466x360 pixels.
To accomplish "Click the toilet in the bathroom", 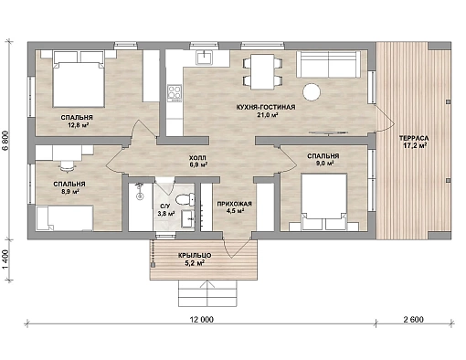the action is pos(185,199).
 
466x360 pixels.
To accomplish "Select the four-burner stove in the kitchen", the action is pos(175,92).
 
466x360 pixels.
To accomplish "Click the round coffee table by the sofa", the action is pos(312,91).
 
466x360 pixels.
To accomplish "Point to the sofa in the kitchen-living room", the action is pos(327,64).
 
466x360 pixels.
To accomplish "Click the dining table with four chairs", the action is pos(262,72).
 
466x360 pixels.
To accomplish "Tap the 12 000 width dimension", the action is pos(202,320).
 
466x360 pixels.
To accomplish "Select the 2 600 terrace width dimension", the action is pos(414,320).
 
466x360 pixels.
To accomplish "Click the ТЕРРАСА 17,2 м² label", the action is pos(414,142).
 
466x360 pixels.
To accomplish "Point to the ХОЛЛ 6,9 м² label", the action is pos(197,162).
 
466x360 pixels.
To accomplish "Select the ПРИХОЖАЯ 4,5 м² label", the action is pos(234,207).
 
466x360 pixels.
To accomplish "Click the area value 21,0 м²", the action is pos(266,115).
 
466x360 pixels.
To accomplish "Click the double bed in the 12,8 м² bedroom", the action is pos(79,79).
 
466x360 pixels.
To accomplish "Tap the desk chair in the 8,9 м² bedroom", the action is pos(68,166).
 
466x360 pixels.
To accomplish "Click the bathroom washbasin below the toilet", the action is pos(187,218).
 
